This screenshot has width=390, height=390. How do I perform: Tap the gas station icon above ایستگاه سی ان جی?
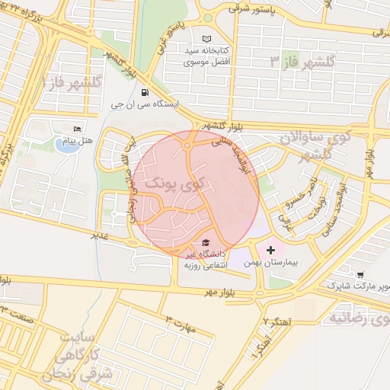145,93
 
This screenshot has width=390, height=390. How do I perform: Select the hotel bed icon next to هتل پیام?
75,128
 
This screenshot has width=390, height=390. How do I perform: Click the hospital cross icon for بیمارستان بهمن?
270,249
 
